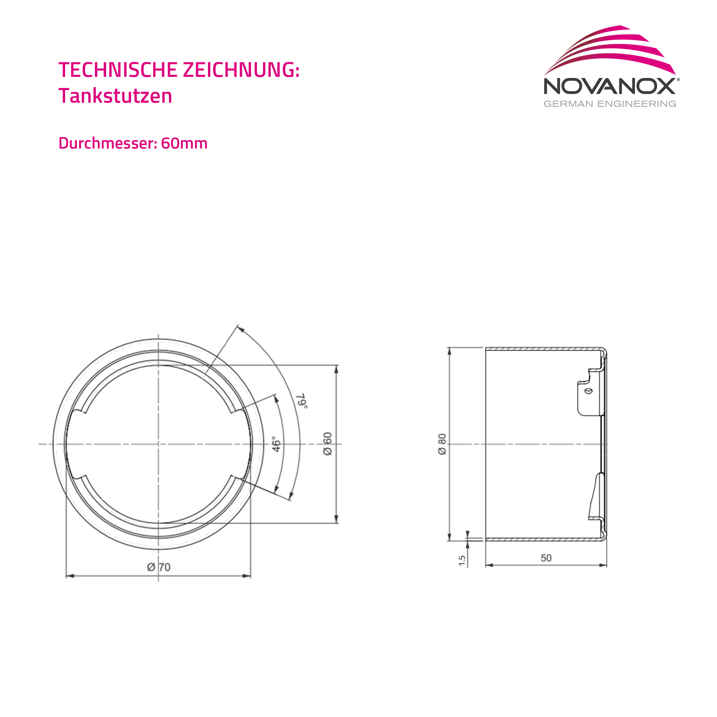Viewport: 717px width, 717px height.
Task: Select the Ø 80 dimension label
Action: point(442,444)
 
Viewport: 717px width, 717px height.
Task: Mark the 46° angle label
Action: point(276,444)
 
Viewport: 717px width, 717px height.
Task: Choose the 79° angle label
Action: point(303,401)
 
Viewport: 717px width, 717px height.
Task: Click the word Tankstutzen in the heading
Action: point(115,96)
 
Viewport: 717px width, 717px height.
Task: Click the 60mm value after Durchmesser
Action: point(184,143)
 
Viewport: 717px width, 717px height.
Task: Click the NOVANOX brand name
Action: point(609,86)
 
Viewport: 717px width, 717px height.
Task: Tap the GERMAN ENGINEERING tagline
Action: point(610,104)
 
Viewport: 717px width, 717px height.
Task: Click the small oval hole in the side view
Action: point(589,391)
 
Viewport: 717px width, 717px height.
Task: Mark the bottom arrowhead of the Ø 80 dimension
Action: point(449,537)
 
